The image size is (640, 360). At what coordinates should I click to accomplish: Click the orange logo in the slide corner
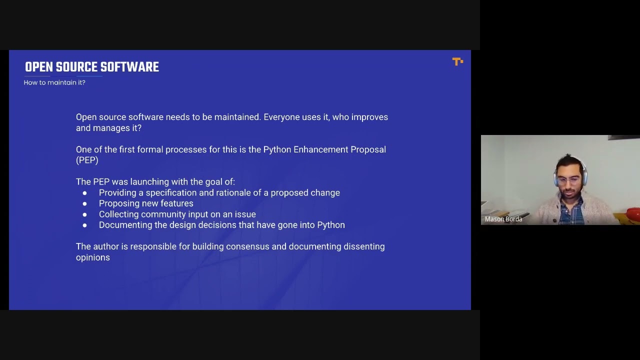click(457, 61)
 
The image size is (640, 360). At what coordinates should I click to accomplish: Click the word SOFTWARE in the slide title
click(129, 67)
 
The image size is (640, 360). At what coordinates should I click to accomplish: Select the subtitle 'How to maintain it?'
click(54, 82)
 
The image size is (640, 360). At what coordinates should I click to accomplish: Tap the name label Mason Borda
click(503, 219)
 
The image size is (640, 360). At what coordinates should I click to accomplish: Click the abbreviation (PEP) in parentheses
click(87, 160)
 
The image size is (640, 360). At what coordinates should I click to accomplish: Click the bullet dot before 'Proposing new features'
click(85, 203)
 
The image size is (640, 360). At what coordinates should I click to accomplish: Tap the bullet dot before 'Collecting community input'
click(85, 214)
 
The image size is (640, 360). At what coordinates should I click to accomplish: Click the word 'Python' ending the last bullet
click(329, 225)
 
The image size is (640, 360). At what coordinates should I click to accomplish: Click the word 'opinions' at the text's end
click(93, 257)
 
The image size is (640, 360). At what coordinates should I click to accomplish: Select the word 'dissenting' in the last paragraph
click(364, 246)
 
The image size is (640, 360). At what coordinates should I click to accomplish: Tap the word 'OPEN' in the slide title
click(39, 67)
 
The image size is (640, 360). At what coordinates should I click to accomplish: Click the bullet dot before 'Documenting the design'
click(85, 225)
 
